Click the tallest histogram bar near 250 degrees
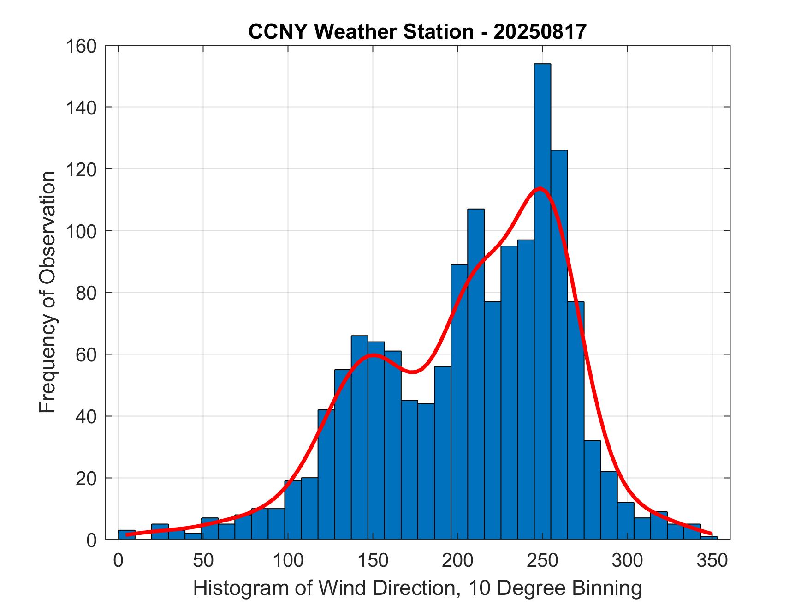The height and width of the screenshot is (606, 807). coord(542,300)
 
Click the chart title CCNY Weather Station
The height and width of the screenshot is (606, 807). coord(361,32)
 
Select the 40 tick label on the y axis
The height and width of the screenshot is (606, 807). coord(86,416)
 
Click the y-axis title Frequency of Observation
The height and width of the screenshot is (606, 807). coord(48,293)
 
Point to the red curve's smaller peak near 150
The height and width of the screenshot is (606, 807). coord(373,354)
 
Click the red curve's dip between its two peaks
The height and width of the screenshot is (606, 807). coord(413,372)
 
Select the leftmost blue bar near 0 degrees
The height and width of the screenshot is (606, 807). coord(127,535)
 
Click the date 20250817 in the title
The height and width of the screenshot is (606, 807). coord(540,32)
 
